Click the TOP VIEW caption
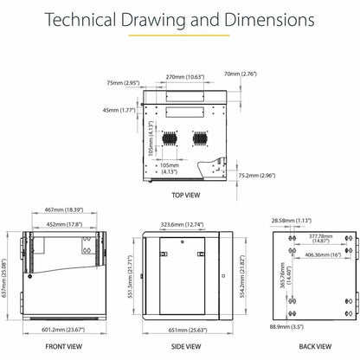(186, 196)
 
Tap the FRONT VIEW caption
(64, 346)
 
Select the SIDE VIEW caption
(186, 346)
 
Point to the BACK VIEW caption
(315, 346)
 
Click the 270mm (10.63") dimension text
(185, 77)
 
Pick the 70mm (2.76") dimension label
(241, 74)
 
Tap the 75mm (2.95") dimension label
(123, 83)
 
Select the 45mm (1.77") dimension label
(119, 110)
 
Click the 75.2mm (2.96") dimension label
(257, 176)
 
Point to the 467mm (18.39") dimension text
(64, 209)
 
